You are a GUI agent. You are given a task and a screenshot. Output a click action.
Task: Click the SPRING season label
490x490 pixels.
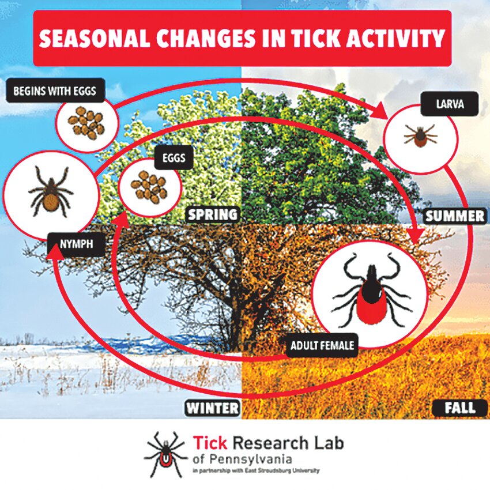213,214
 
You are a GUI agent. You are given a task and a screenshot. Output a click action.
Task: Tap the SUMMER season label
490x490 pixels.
455,216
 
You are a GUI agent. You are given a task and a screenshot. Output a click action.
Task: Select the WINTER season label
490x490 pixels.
213,408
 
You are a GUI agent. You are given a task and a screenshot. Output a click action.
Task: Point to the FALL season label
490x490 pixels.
459,408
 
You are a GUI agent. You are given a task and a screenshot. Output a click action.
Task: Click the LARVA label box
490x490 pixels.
450,104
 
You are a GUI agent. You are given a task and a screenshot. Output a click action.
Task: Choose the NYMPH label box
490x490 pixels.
76,244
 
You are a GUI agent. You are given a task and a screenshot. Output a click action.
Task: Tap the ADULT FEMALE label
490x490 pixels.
322,345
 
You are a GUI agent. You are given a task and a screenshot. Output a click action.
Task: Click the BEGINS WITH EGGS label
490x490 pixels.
55,91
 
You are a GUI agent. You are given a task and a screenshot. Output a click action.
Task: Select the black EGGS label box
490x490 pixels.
174,157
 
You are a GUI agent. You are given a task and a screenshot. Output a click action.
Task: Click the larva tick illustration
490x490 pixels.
420,135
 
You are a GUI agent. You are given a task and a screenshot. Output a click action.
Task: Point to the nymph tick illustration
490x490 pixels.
51,191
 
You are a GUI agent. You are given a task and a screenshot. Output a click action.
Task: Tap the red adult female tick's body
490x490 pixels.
372,303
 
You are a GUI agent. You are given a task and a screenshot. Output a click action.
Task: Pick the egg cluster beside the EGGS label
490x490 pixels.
149,187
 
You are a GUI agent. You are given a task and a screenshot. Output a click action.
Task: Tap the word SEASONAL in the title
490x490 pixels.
95,39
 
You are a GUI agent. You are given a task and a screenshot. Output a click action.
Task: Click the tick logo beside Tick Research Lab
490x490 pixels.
166,454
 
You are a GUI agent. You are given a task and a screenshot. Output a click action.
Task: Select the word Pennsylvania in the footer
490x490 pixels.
251,459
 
